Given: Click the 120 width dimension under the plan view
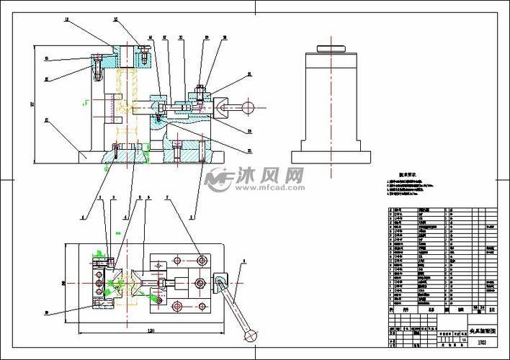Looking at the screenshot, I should (x=149, y=330).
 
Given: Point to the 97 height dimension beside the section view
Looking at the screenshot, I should (x=32, y=104).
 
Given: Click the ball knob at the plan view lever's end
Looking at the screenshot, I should (x=251, y=335).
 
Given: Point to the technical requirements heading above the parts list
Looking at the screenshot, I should (x=409, y=174).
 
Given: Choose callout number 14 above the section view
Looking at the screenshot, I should (x=67, y=20).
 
